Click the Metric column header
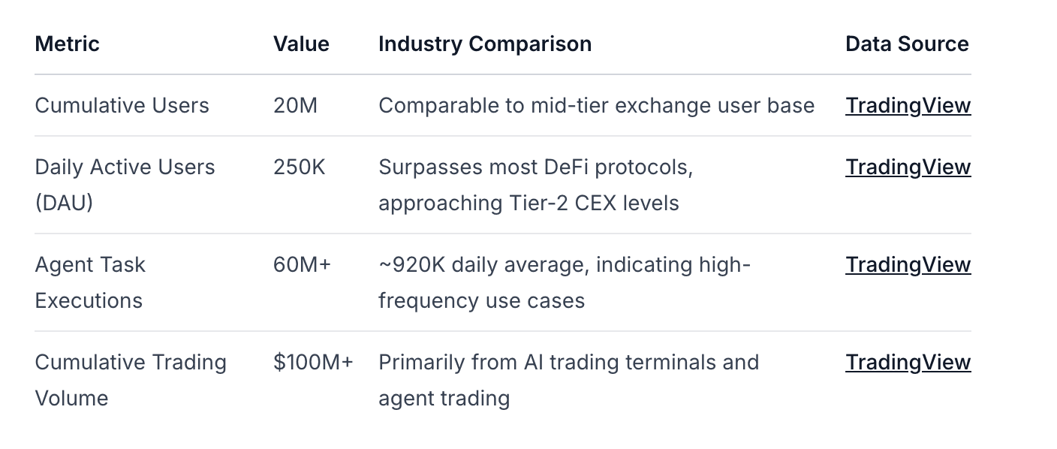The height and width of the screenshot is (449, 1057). point(67,44)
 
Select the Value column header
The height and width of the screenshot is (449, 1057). point(301,44)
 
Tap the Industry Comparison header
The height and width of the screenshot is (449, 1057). point(485,44)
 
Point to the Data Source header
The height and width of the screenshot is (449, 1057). point(907,44)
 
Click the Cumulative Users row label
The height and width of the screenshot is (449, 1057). point(122,105)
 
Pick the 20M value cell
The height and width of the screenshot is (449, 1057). point(295,105)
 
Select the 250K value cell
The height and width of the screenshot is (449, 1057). point(300,167)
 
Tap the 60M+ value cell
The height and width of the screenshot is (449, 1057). point(302,265)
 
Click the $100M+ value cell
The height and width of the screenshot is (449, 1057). point(313,363)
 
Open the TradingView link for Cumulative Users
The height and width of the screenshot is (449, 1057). point(908,106)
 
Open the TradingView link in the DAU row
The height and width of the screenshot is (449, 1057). point(908,167)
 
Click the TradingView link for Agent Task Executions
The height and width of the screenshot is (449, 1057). point(908,265)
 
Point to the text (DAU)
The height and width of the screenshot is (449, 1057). point(64,203)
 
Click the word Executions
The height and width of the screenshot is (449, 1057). point(89,301)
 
